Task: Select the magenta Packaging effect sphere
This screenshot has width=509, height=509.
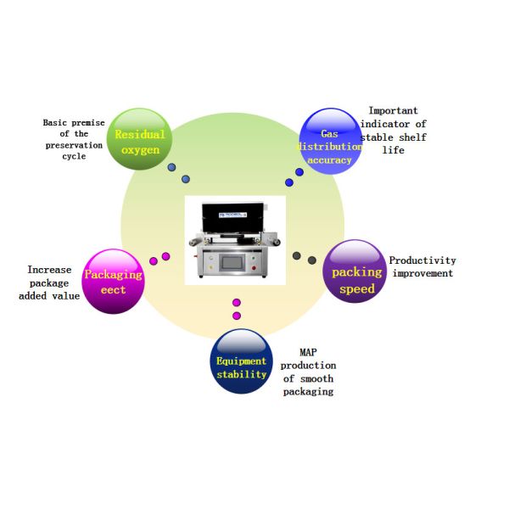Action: (x=114, y=282)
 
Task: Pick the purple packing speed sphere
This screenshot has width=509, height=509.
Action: (x=355, y=271)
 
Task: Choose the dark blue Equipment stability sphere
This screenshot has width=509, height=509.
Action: (x=241, y=361)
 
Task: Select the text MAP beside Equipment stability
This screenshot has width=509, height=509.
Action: (x=308, y=351)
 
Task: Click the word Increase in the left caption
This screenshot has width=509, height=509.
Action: (x=49, y=270)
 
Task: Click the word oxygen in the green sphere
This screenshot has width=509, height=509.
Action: (x=140, y=151)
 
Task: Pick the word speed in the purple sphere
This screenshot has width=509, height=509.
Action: (x=356, y=289)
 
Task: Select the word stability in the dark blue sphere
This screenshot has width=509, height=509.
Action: (x=241, y=373)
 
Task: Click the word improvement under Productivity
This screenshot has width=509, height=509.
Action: (x=421, y=273)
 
